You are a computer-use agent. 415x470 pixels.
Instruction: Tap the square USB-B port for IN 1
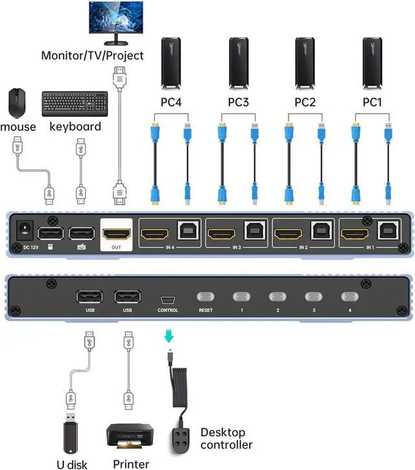[387, 232]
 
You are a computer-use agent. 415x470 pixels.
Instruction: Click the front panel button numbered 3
[314, 297]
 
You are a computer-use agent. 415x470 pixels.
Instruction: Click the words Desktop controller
[226, 438]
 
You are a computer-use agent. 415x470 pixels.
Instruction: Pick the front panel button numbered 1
[241, 297]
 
